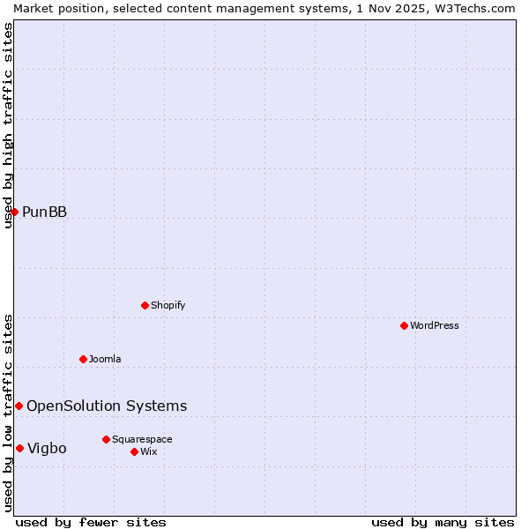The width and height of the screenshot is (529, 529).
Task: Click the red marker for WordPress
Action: [x=404, y=325]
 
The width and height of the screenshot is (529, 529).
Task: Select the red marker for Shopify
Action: [x=145, y=305]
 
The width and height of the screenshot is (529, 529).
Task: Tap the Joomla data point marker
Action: [x=83, y=359]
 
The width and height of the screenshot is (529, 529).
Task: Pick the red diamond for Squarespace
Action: [x=106, y=439]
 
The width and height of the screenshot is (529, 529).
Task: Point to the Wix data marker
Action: [x=134, y=451]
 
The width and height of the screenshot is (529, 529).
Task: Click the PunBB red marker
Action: [x=14, y=212]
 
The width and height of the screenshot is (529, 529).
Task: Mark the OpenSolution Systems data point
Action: [x=19, y=406]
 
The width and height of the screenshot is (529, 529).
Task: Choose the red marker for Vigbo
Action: [x=19, y=448]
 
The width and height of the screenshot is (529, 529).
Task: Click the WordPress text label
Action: [x=435, y=325]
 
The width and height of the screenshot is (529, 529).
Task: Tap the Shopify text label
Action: [x=168, y=305]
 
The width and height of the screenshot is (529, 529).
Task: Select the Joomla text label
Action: [x=105, y=359]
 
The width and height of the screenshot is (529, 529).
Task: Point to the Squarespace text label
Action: [x=142, y=439]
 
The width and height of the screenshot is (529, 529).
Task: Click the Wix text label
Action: [x=148, y=451]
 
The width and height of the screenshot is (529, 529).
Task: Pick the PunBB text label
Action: [x=44, y=212]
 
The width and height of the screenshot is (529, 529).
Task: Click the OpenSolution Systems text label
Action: [x=107, y=406]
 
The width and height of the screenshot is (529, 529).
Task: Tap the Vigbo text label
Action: [x=47, y=448]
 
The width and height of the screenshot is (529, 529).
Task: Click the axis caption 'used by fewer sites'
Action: [x=91, y=522]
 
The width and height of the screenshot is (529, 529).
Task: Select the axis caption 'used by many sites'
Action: [x=443, y=522]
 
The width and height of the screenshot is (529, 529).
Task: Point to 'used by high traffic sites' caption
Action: [x=8, y=125]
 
